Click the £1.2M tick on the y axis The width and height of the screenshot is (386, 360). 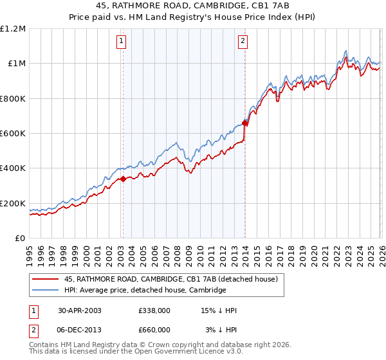tap(13, 28)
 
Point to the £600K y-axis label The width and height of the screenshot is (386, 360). tap(13, 133)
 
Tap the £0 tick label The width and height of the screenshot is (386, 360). tap(21, 238)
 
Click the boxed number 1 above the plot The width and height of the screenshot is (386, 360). tap(122, 42)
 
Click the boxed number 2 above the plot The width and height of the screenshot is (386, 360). tap(243, 42)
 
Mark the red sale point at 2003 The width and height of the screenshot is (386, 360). tap(123, 179)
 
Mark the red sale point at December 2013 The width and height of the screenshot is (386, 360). tap(244, 123)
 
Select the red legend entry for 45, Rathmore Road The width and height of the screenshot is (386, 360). tap(170, 280)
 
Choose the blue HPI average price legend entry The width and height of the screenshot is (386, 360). tap(145, 291)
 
